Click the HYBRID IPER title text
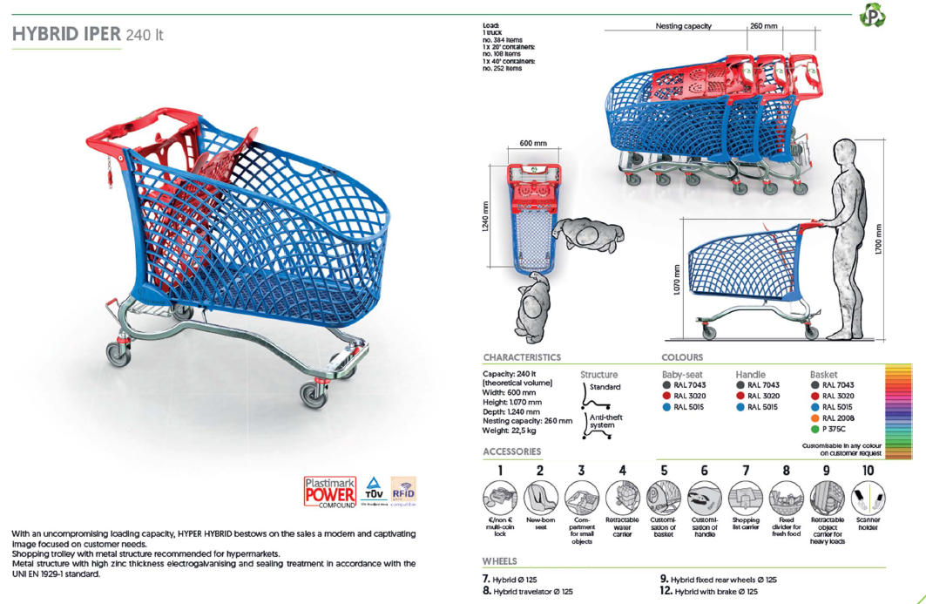coord(87,35)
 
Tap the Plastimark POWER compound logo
coord(329,492)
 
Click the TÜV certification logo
coord(373,490)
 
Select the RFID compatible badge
coord(403,490)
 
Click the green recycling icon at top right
coord(871,17)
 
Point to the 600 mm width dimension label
coord(533,143)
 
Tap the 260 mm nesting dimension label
coord(763,26)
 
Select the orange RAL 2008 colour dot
coord(815,418)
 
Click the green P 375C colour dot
coord(815,429)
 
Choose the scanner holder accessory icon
coord(868,499)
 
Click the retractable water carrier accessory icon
coord(622,499)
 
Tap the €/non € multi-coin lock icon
coord(500,499)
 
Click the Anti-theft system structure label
coord(606,422)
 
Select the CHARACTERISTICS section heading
coord(522,357)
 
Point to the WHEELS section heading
coord(499,561)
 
